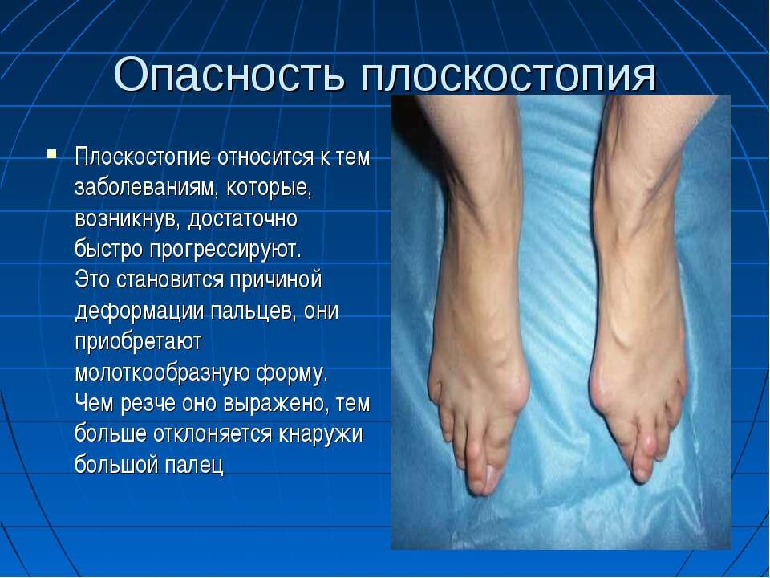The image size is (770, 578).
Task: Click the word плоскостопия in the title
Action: tap(509, 75)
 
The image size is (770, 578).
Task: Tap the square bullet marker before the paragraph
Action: tap(52, 153)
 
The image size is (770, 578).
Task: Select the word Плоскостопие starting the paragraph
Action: tap(143, 157)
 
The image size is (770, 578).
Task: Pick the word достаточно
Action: tap(243, 218)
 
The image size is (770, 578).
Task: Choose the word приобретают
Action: tap(138, 342)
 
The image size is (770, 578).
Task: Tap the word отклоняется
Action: tap(212, 434)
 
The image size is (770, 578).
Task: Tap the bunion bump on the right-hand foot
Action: tap(600, 389)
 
